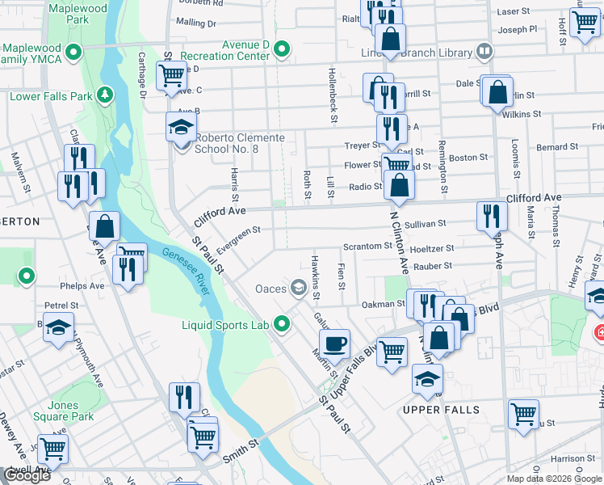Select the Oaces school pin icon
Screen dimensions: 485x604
click(299, 288)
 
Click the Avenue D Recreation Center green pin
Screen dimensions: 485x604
click(282, 50)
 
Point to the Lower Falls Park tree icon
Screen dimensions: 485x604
click(104, 96)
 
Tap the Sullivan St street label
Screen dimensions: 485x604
click(426, 223)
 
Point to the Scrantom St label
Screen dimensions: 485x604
click(367, 246)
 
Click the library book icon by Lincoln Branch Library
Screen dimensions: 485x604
click(484, 52)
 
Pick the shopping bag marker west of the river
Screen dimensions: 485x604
click(104, 227)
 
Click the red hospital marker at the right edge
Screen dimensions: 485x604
click(599, 332)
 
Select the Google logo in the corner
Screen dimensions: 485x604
click(27, 475)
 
